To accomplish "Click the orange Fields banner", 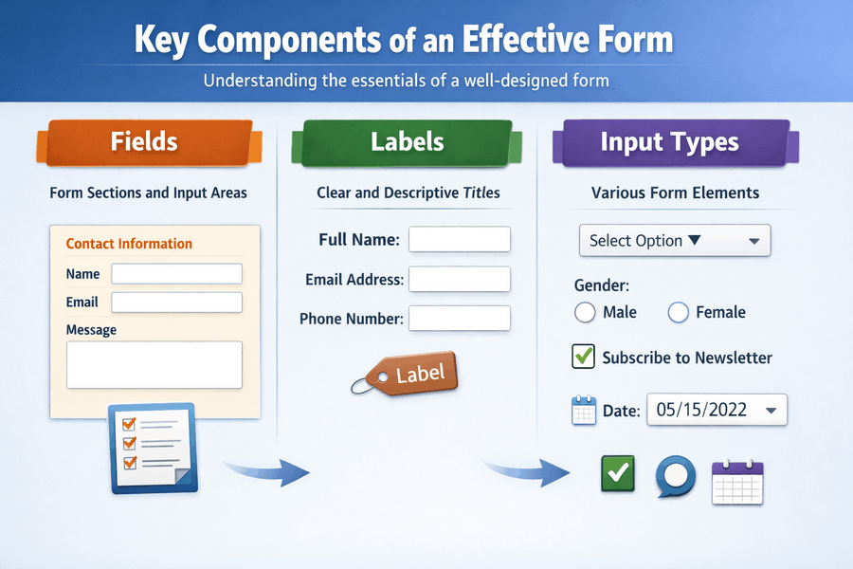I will (144, 142).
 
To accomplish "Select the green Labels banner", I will (407, 142).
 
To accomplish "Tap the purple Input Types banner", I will (669, 143).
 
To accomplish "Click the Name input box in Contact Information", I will (176, 274).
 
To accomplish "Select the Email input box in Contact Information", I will (176, 303).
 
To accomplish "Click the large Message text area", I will (154, 364).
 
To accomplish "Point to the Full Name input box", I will (459, 239).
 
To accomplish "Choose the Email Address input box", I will (459, 279).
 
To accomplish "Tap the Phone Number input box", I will (459, 318).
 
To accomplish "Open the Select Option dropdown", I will (674, 241).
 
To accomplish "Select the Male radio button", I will (585, 313).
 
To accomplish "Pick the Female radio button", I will (678, 313).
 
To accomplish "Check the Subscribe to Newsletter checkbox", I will (584, 358).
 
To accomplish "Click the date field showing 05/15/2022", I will (717, 411).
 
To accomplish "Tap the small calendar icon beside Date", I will (584, 411).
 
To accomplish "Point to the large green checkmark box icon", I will (618, 472).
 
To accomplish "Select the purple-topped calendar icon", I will (736, 482).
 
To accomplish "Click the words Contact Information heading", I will (129, 244).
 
